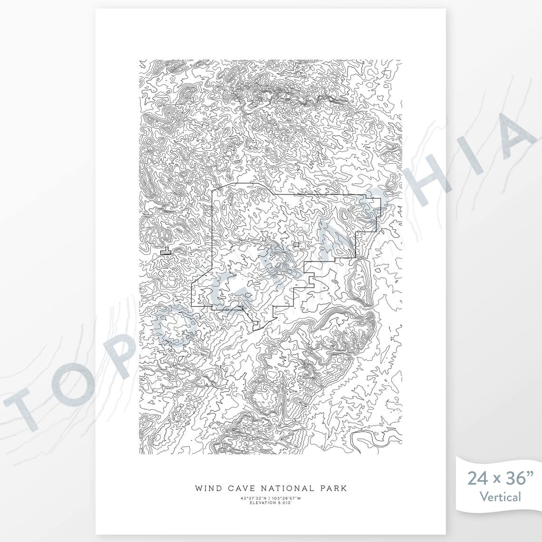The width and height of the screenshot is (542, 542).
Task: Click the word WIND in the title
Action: pos(207,488)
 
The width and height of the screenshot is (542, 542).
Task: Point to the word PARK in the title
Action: pos(333,488)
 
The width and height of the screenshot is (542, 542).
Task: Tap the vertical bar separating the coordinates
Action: pos(270,498)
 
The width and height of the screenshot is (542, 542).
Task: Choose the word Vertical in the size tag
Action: pos(500,497)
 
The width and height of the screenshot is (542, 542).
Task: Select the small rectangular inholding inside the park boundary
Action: pos(296,244)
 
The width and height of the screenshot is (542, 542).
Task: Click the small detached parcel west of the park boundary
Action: pos(165,252)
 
